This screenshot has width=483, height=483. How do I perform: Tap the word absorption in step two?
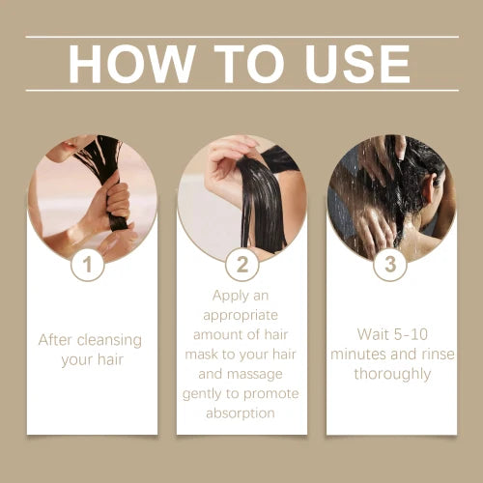[241, 412]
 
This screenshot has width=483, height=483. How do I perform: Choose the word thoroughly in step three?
[391, 374]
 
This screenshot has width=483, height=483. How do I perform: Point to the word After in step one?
[56, 340]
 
